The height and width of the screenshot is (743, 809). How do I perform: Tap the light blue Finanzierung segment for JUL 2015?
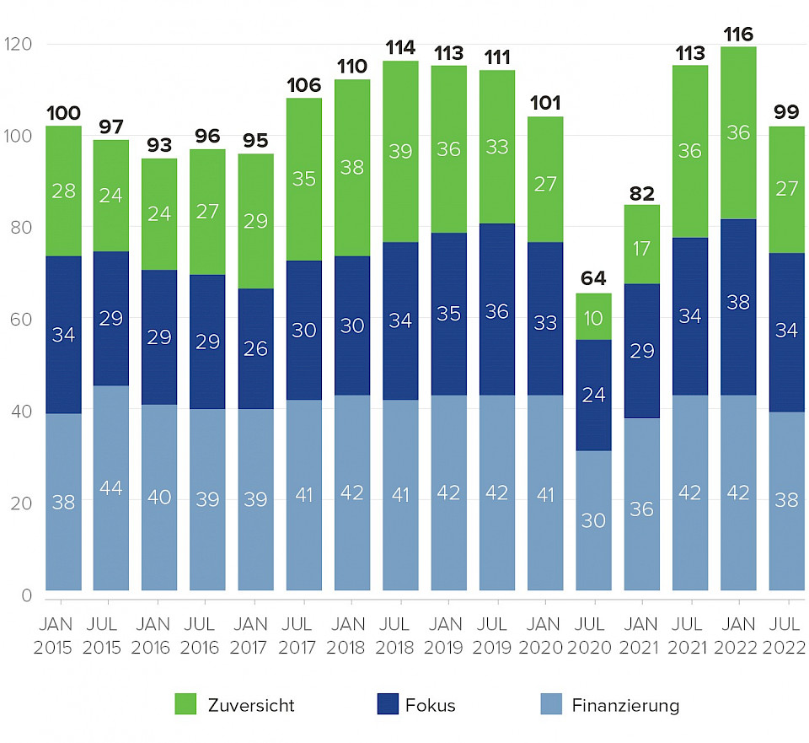(x=111, y=487)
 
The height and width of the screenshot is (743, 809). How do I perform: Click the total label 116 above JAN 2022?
(x=738, y=35)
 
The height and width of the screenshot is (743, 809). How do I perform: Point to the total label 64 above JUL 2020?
(x=593, y=278)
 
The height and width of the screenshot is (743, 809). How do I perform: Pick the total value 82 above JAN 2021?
(x=642, y=194)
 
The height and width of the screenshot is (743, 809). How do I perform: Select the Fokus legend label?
(x=430, y=705)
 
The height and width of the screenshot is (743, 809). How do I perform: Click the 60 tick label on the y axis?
(x=20, y=320)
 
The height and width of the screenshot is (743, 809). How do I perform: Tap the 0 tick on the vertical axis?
(x=25, y=595)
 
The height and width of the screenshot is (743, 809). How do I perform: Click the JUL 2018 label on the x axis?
(x=400, y=636)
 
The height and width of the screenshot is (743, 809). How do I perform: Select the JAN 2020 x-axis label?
(x=545, y=636)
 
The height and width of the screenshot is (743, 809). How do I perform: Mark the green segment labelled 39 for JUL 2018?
(x=400, y=152)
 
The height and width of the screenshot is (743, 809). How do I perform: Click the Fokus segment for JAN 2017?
(x=256, y=348)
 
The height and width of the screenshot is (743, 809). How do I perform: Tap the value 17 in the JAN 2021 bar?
(x=642, y=249)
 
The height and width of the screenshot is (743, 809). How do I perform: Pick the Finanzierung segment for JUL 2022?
(x=787, y=501)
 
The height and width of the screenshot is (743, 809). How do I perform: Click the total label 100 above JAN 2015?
(x=63, y=113)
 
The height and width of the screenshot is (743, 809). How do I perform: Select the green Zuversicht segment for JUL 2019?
(x=497, y=147)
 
